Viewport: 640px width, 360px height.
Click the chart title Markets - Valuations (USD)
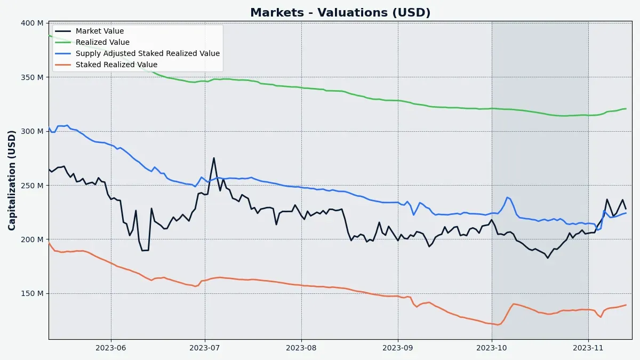[x=340, y=13]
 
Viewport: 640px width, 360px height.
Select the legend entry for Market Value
[x=99, y=31]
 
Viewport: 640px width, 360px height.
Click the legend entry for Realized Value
[x=102, y=43]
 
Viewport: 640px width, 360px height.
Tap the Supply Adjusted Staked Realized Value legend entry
[x=147, y=54]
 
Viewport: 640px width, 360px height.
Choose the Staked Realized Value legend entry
[x=116, y=65]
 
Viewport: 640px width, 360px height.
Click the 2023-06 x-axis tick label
[x=111, y=348]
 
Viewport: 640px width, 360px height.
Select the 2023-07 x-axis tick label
[x=205, y=348]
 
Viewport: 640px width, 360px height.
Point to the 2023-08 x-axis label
[x=301, y=348]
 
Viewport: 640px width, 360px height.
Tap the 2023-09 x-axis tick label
[x=398, y=348]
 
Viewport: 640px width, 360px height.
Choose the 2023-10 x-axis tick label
[x=492, y=348]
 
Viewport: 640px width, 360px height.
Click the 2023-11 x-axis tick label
[x=588, y=348]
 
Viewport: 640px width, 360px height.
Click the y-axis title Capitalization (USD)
[x=12, y=180]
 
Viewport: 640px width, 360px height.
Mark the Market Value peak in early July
[x=214, y=158]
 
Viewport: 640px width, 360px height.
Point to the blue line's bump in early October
[x=507, y=197]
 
